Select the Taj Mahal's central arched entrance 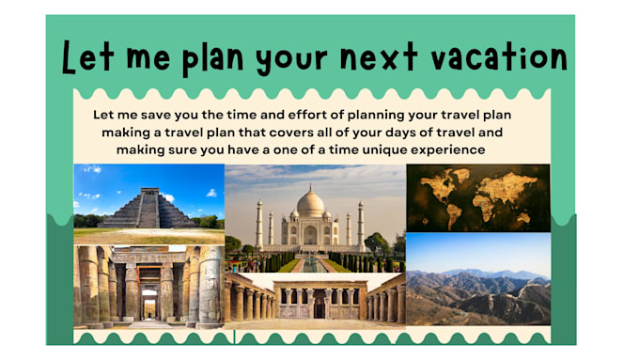click(x=310, y=234)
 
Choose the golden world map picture click(x=477, y=197)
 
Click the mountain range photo click(x=477, y=280)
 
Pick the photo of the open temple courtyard click(x=315, y=299)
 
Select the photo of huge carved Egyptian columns click(x=148, y=286)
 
